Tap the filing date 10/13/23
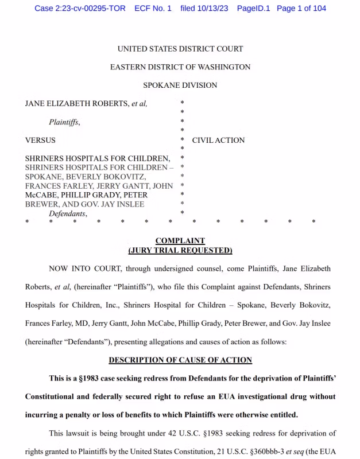(x=213, y=8)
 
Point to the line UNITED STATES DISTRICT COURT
(x=180, y=49)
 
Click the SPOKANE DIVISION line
(x=180, y=85)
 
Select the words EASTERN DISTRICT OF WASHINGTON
(x=180, y=67)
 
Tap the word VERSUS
(x=40, y=140)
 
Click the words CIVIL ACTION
(x=218, y=140)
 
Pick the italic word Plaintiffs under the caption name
(x=64, y=122)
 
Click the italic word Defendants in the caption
(x=67, y=213)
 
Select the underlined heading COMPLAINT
(x=180, y=241)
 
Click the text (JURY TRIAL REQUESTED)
(x=180, y=250)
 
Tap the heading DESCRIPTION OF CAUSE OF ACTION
(x=180, y=360)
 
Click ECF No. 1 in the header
(x=153, y=8)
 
